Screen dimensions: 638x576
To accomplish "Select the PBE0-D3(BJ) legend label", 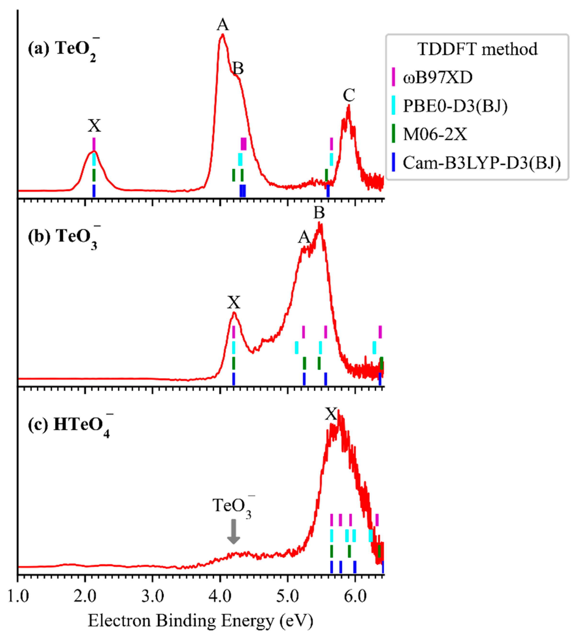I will click(x=455, y=106).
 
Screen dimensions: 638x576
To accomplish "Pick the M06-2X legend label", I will click(x=435, y=134).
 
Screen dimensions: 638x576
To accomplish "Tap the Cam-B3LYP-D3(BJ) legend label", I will click(x=481, y=163).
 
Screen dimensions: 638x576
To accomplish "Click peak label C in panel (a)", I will click(x=349, y=95).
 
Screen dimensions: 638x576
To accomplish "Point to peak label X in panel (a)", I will click(x=94, y=126).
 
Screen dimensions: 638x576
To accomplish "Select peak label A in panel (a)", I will click(x=223, y=25).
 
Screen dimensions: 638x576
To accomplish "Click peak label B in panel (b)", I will click(x=319, y=213).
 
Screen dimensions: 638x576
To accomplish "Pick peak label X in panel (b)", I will click(x=234, y=302).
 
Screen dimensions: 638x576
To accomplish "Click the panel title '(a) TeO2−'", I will click(x=63, y=49).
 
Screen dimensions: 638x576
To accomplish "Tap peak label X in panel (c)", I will click(x=331, y=414).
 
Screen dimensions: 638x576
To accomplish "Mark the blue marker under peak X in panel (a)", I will click(x=94, y=191).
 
